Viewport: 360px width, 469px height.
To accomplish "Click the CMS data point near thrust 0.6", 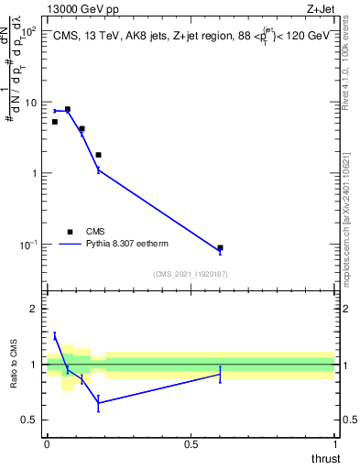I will [220, 247].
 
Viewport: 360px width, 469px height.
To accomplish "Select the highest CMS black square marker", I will [67, 109].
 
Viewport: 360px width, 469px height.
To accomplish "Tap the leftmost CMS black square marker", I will [55, 122].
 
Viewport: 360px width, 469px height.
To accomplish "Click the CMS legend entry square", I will [70, 232].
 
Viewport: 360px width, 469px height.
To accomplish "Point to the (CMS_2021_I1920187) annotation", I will [190, 274].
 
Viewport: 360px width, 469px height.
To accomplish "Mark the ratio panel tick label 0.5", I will [30, 420].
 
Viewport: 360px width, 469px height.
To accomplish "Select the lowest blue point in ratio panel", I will [98, 402].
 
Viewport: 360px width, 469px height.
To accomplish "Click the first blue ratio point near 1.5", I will [55, 336].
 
